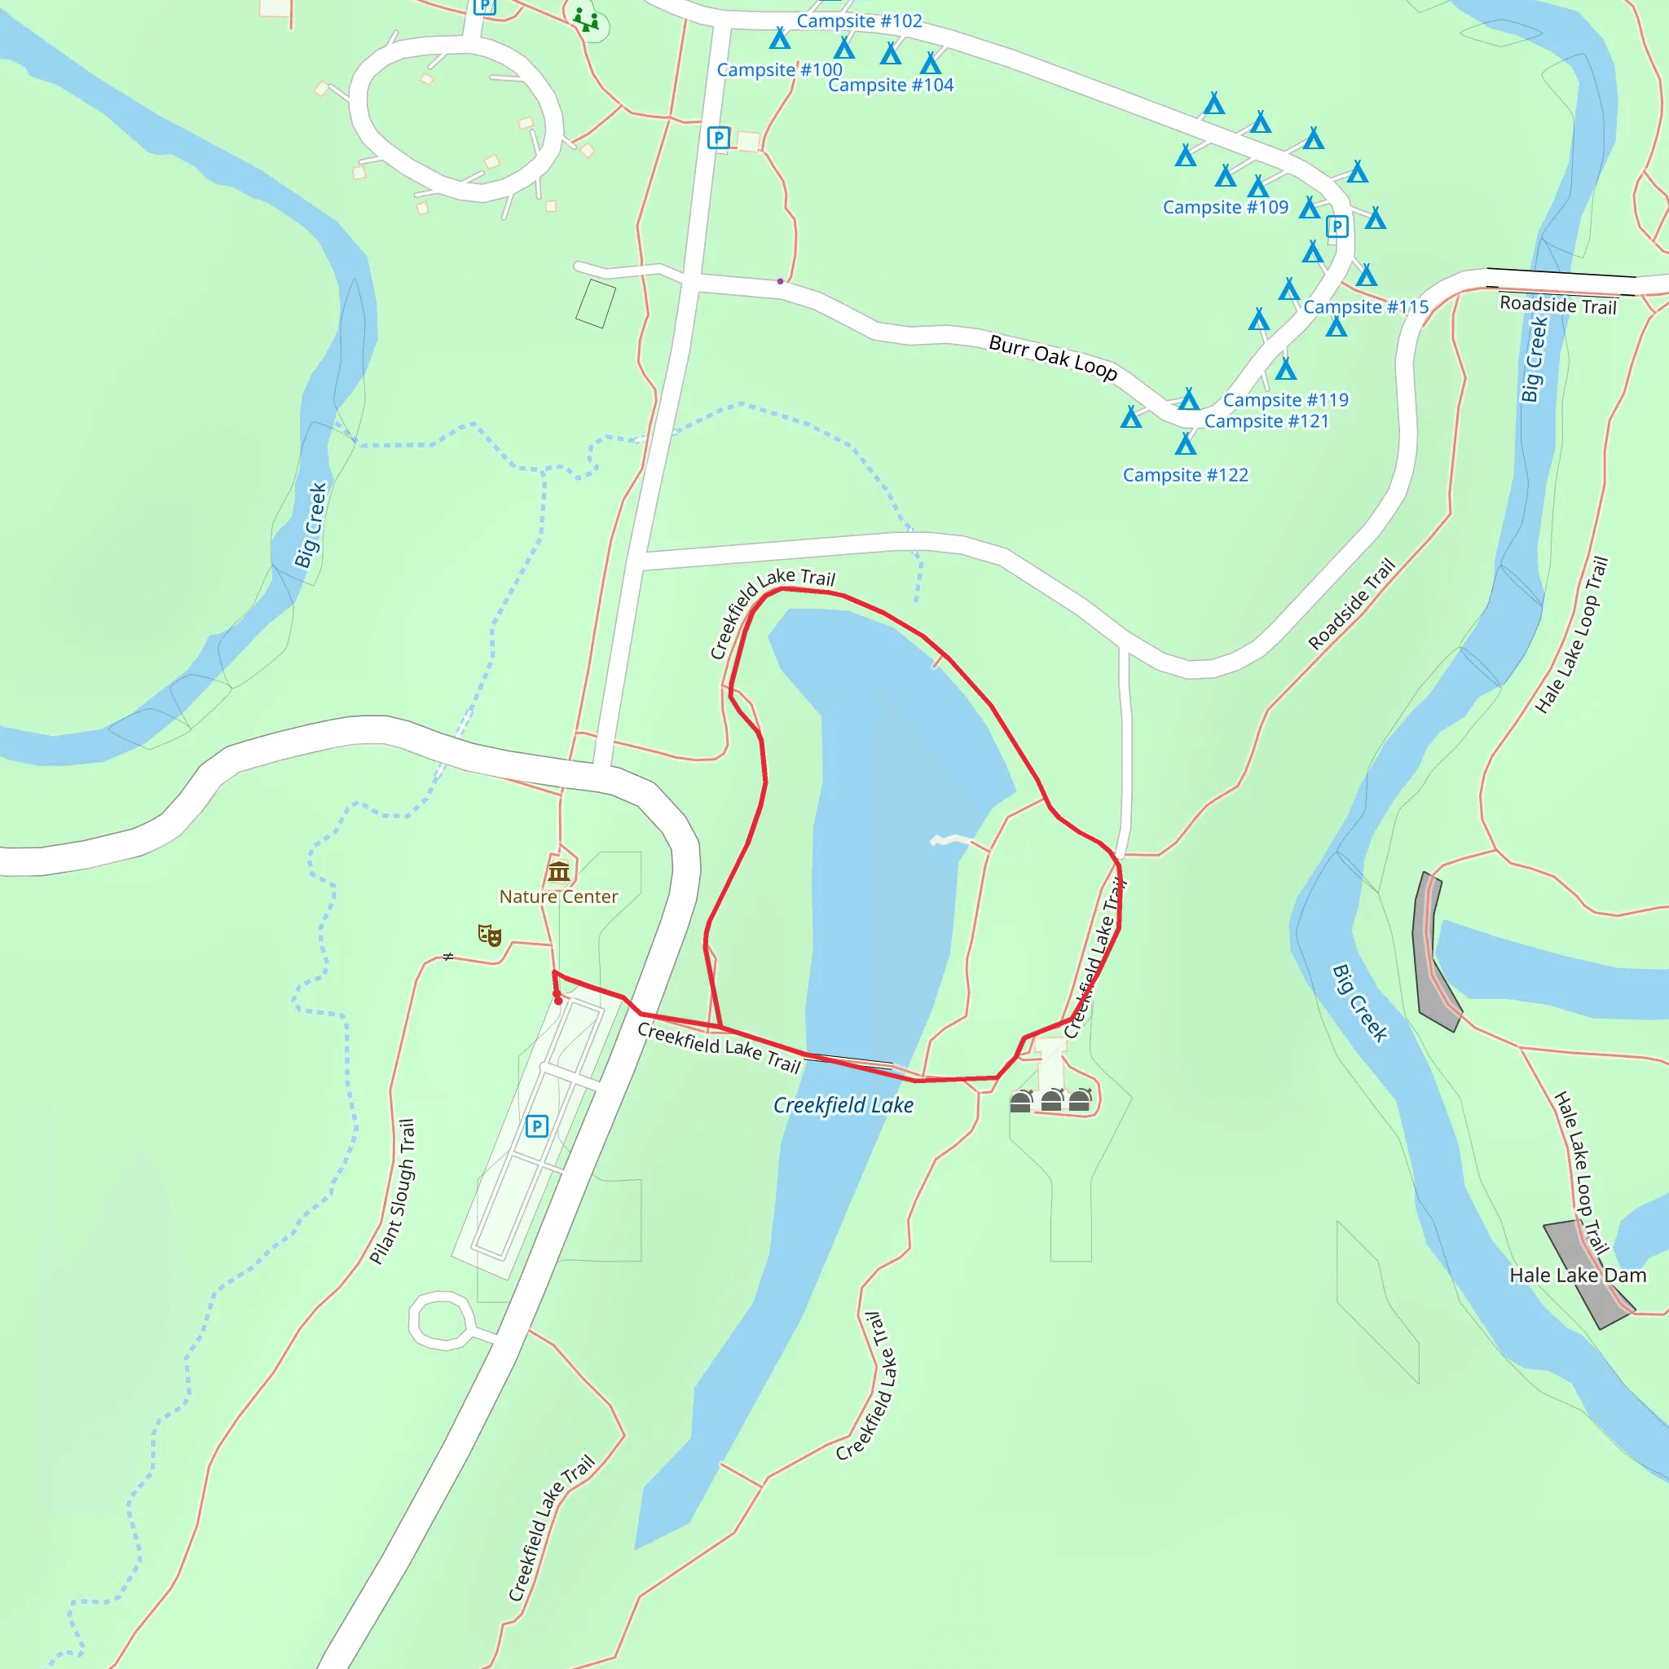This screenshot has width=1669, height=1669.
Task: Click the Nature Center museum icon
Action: pos(559,871)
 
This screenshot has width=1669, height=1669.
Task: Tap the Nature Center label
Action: pos(558,896)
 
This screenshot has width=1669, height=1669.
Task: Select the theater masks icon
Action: pos(489,935)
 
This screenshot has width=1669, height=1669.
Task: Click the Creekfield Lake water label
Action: pos(843,1105)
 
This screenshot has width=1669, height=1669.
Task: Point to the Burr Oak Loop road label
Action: pos(1052,357)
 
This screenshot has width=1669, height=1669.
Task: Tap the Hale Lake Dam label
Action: pos(1578,1275)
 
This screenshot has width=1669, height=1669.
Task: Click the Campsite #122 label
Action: pos(1185,475)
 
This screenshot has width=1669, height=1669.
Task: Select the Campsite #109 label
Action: pos(1225,207)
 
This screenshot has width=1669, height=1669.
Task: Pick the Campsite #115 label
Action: pos(1366,306)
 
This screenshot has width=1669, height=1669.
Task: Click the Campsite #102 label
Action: pos(859,20)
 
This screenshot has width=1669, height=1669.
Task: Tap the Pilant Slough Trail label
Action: pos(393,1191)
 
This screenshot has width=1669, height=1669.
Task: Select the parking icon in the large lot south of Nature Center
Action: pos(536,1126)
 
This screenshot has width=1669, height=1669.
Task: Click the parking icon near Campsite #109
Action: pos(1337,227)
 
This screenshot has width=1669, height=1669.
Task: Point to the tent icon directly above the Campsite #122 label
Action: pos(1185,444)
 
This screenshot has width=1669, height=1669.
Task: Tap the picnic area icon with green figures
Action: pos(587,19)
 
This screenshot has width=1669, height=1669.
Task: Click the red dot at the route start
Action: pos(558,1001)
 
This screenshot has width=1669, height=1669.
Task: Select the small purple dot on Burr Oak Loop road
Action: pos(780,281)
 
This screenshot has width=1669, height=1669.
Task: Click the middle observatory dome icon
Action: pos(1051,1100)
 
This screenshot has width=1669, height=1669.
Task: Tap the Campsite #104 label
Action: pos(891,85)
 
